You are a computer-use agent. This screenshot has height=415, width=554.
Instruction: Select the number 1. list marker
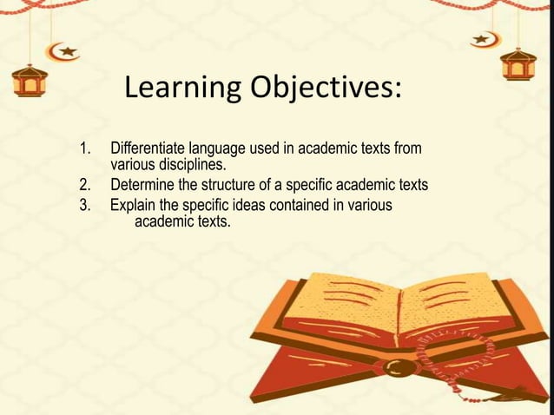[x=86, y=149]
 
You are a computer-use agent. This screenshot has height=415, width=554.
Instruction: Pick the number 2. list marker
[x=86, y=185]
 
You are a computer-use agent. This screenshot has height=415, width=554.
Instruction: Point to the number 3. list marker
[x=86, y=206]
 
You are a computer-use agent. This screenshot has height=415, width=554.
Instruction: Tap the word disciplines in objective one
[x=186, y=163]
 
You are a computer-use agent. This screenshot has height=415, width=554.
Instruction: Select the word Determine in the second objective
[x=142, y=185]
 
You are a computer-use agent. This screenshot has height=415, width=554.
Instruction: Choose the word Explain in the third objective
[x=133, y=206]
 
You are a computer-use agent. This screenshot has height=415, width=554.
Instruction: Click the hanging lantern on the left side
[x=28, y=81]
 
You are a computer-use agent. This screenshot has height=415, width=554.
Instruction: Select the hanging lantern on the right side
[x=518, y=63]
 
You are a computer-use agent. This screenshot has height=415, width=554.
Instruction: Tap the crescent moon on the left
[x=63, y=51]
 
